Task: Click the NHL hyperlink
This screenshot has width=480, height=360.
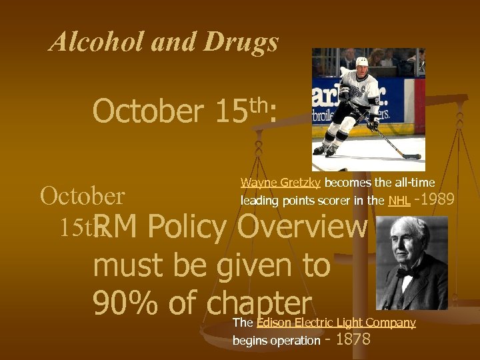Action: pyautogui.click(x=399, y=200)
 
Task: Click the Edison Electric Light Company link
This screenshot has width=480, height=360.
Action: pyautogui.click(x=336, y=323)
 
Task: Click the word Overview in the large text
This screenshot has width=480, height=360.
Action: pyautogui.click(x=302, y=228)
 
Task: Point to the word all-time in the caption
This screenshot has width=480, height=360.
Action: pyautogui.click(x=415, y=183)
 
